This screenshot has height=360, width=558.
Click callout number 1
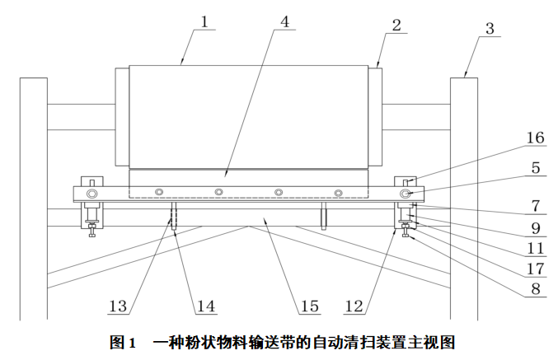204,23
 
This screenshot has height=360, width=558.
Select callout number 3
490,29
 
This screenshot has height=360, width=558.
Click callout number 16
535,138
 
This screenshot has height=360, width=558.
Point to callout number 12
354,306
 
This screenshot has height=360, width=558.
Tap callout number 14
204,306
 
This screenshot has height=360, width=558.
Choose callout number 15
309,306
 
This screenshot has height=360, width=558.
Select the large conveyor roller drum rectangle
247,115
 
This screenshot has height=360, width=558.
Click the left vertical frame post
33,198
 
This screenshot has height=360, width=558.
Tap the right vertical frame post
463,198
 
